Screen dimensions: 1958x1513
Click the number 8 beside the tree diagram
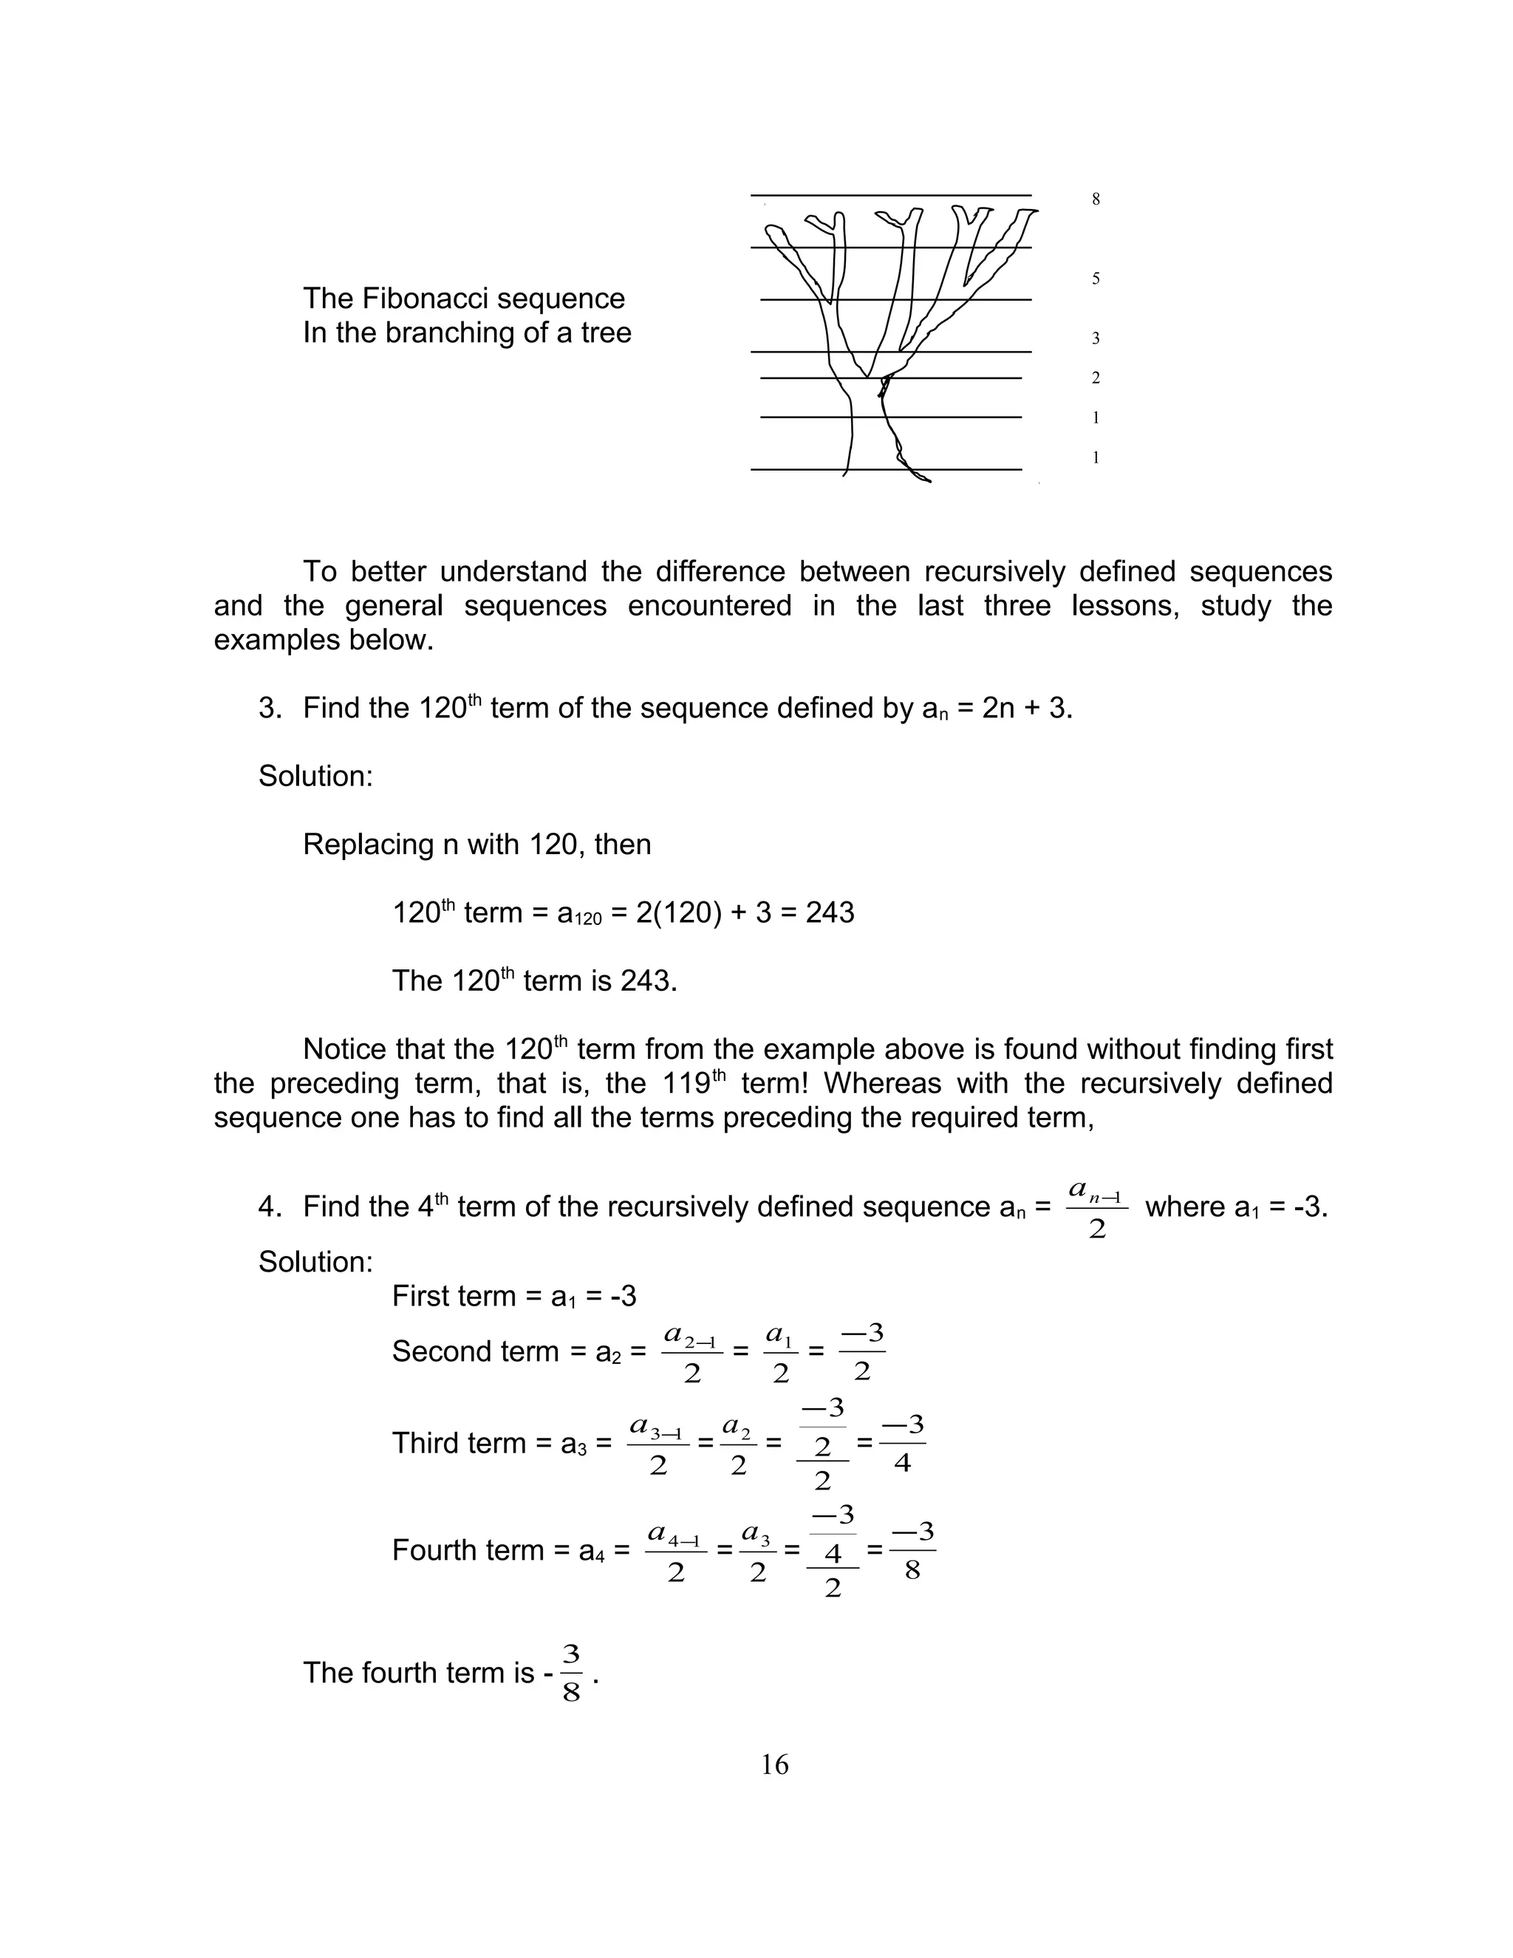click(x=1096, y=199)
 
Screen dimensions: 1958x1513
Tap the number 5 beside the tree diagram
click(x=1096, y=279)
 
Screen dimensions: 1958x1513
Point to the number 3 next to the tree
click(x=1096, y=338)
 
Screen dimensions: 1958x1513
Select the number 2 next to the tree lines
click(x=1096, y=378)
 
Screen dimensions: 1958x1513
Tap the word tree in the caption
click(x=606, y=332)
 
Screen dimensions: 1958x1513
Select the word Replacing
click(x=369, y=845)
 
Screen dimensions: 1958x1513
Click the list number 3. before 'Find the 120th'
click(x=270, y=709)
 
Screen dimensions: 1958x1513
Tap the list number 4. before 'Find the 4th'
click(x=270, y=1207)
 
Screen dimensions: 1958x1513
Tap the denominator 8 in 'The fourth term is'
click(x=572, y=1693)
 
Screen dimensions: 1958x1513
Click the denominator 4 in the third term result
click(x=903, y=1463)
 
